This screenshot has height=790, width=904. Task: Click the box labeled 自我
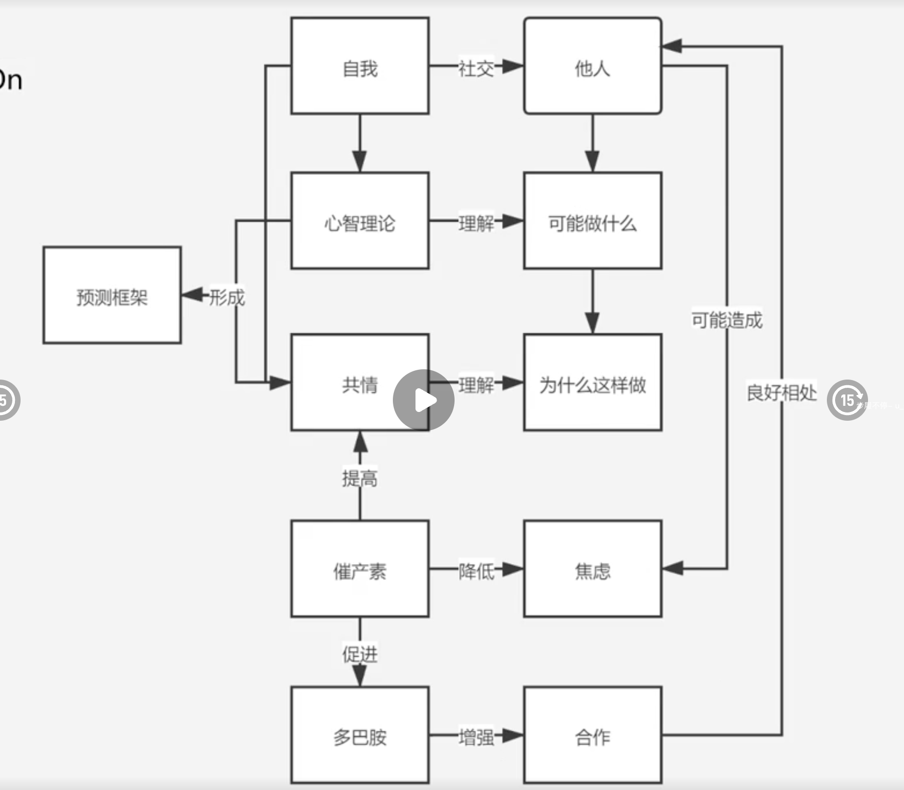pos(360,66)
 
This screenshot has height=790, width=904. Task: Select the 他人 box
pos(592,66)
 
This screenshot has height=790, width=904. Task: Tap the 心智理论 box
pos(360,221)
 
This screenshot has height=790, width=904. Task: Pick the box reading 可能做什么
pos(592,221)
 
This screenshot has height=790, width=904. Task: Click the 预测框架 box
pos(112,295)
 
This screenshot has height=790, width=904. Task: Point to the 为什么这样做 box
pos(592,383)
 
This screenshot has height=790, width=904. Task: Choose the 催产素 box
pos(360,569)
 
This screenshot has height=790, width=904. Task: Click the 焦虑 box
pos(592,569)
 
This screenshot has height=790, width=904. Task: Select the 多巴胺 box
pos(360,735)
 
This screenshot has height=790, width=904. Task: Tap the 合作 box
pos(592,735)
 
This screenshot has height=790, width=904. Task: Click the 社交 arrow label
pos(476,68)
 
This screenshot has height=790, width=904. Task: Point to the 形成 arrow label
pos(227,297)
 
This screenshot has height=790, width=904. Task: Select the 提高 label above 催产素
pos(360,478)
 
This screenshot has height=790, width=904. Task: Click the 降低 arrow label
pos(476,570)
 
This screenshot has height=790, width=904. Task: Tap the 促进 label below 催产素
pos(360,654)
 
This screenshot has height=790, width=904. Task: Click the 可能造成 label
pos(727,320)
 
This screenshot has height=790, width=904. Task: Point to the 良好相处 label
pos(782,392)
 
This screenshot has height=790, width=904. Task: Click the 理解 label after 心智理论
pos(476,223)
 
